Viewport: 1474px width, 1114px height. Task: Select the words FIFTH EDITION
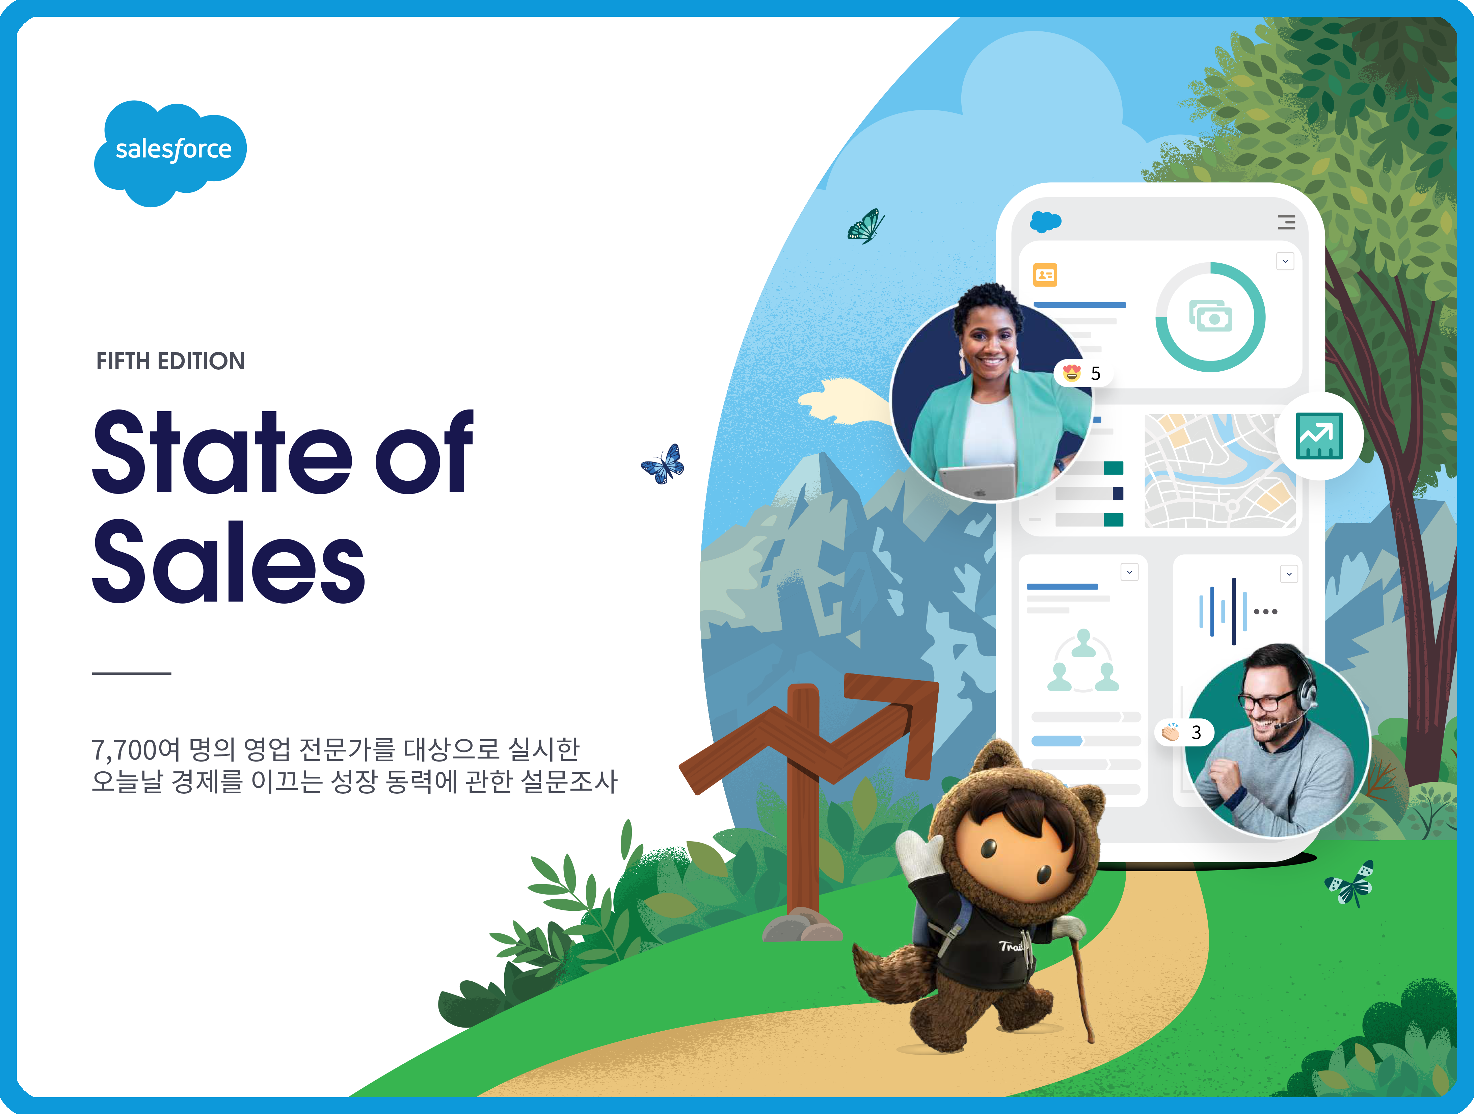(x=170, y=361)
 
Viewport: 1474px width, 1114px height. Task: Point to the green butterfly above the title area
(x=866, y=227)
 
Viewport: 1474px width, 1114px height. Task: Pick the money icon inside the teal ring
(x=1211, y=317)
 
